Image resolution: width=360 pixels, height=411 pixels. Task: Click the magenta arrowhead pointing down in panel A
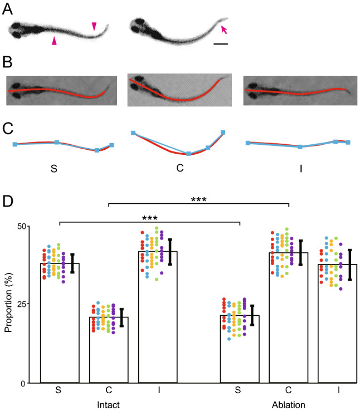(x=94, y=26)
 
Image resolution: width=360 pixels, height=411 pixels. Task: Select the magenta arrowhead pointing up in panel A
(x=53, y=41)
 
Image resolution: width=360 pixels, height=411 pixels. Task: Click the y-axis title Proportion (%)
(x=9, y=305)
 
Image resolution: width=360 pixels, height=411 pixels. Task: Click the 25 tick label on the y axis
(x=21, y=304)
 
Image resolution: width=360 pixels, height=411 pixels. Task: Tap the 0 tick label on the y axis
(x=23, y=383)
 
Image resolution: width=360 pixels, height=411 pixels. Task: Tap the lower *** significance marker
(x=151, y=218)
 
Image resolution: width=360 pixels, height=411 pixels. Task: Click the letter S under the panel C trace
(x=53, y=168)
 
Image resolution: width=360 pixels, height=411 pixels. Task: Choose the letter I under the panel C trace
(x=300, y=168)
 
